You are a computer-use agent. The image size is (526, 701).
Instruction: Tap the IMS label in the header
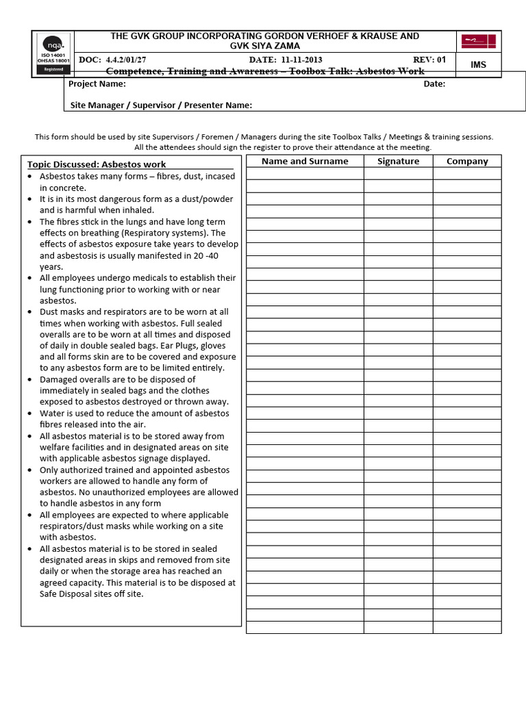coord(477,64)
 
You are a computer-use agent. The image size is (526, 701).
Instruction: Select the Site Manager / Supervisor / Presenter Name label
coord(161,105)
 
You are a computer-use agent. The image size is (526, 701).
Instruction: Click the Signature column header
coord(398,162)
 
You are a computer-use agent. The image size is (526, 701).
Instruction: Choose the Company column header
coord(467,162)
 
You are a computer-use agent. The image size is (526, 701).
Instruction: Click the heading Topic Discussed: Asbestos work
coord(97,164)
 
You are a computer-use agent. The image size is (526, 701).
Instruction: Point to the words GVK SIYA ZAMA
coord(264,45)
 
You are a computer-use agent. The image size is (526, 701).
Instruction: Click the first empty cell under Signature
coord(398,174)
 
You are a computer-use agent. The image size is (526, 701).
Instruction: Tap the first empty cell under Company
coord(467,174)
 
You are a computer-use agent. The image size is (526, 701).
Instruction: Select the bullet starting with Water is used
coord(134,419)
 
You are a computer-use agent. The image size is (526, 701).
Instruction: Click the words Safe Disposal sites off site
coord(92,594)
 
